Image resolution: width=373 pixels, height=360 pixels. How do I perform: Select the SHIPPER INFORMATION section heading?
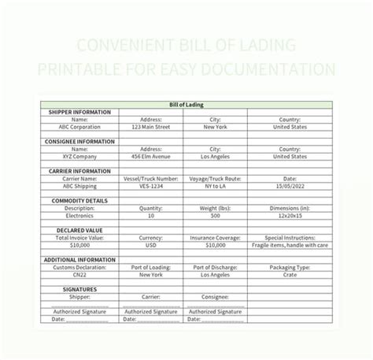76,112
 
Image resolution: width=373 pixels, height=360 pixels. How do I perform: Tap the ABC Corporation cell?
74,126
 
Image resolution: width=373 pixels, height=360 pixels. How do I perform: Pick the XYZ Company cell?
74,156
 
